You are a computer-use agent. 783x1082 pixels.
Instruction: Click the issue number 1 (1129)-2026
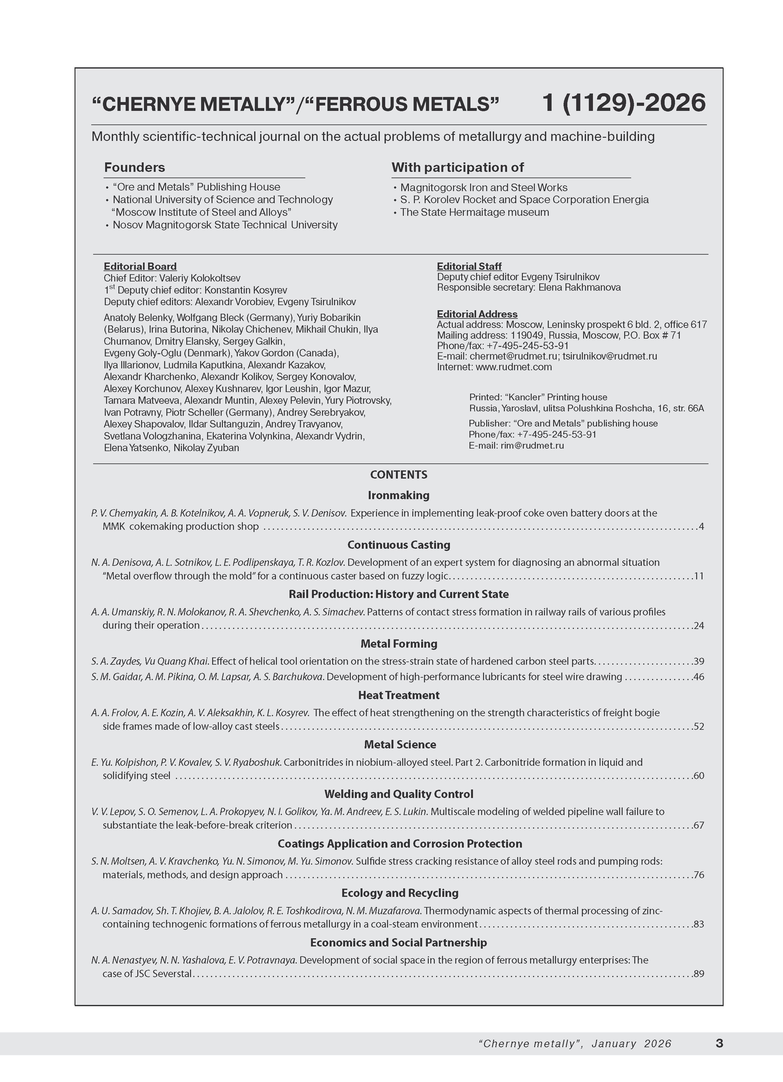(624, 103)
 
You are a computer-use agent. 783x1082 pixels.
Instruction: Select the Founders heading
(134, 167)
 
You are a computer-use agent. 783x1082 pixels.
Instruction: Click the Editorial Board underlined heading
(140, 266)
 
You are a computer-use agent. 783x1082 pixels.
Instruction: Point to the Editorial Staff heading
(469, 266)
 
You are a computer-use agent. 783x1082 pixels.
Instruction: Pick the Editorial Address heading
(477, 314)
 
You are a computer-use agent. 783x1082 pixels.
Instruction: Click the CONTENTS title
(399, 475)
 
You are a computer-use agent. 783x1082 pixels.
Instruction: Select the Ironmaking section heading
(399, 495)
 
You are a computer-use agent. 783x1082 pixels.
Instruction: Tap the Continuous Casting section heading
(399, 545)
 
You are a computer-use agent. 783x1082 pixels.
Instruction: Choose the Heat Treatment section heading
(399, 695)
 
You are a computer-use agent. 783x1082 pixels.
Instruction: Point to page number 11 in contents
(699, 576)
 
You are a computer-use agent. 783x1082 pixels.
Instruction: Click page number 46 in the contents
(699, 676)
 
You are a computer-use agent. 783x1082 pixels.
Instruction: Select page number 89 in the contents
(699, 974)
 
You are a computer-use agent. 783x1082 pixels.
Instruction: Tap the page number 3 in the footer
(720, 1043)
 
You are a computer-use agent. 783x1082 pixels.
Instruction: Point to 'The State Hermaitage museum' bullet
(475, 212)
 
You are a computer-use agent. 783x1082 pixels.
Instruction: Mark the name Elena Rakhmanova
(579, 287)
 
